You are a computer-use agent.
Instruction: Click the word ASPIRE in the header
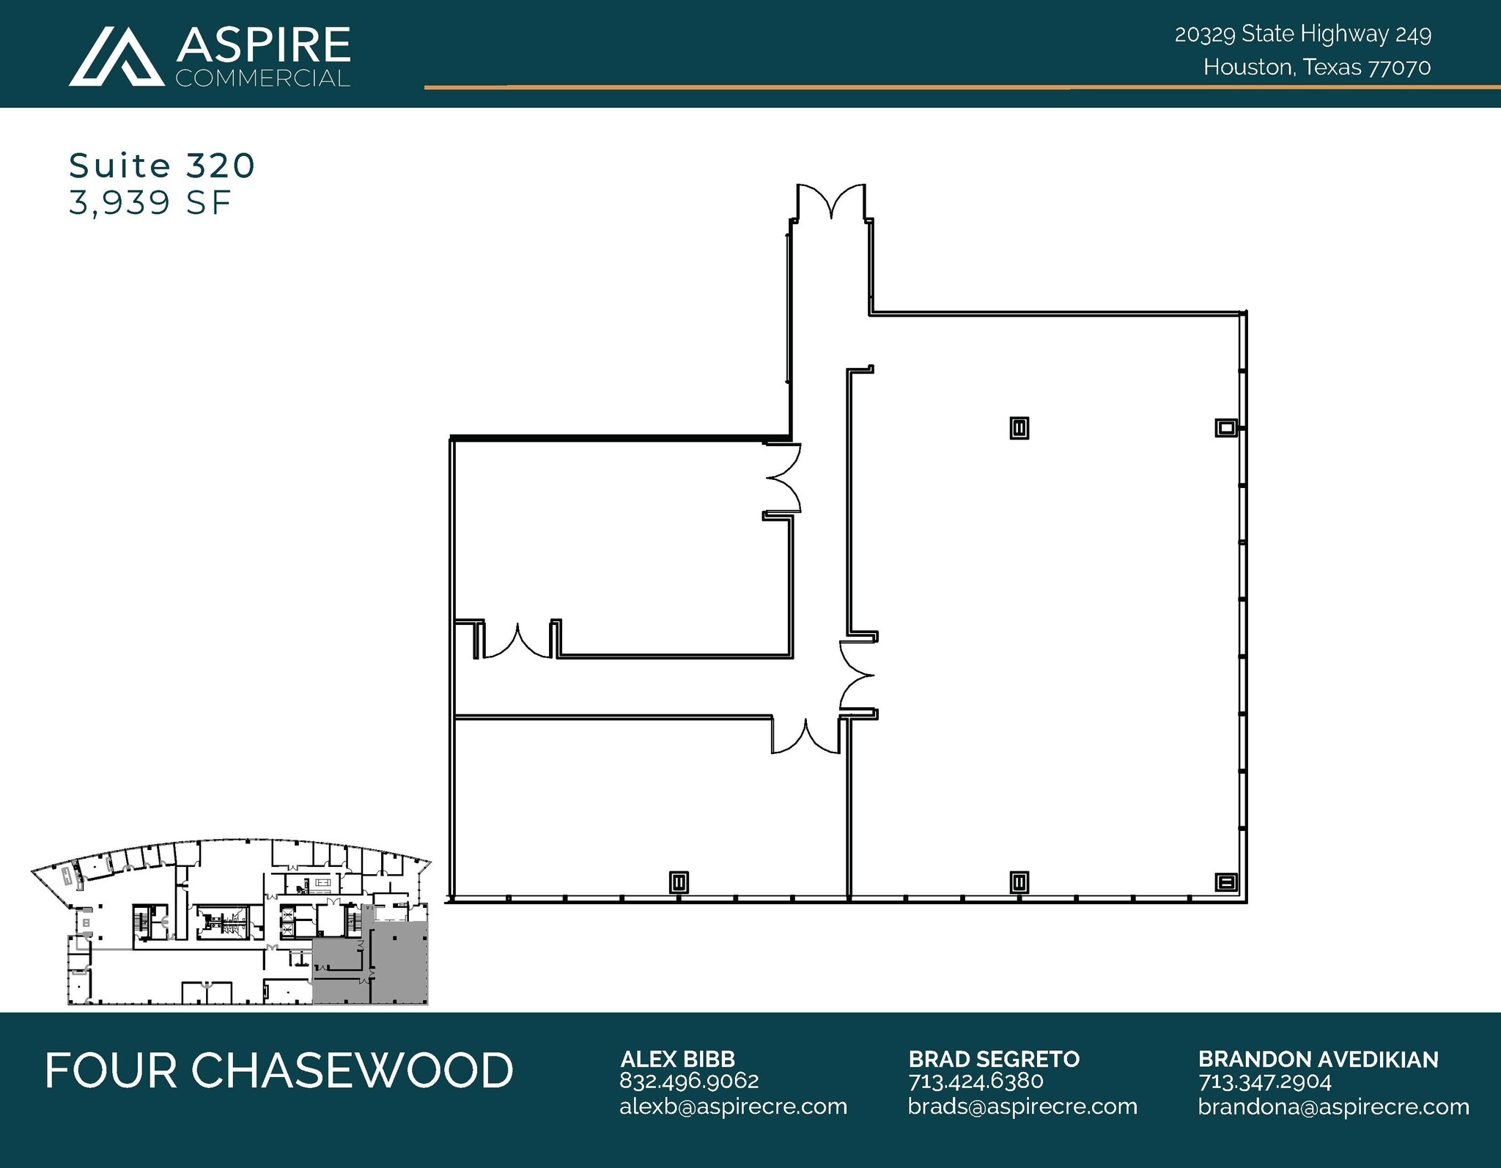coord(263,45)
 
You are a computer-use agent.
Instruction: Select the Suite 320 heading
coord(162,166)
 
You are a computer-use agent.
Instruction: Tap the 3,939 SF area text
coord(150,202)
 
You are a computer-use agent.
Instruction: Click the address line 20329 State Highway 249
coord(1302,34)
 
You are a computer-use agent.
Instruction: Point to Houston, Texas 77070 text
coord(1316,67)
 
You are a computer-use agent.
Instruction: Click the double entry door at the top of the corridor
coord(831,201)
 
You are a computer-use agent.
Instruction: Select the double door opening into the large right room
coord(856,675)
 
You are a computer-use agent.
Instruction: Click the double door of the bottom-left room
coord(805,736)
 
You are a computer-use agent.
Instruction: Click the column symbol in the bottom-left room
coord(679,881)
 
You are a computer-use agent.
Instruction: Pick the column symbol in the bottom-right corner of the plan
coord(1227,881)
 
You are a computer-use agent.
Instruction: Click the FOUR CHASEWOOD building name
coord(279,1071)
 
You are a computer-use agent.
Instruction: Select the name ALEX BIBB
coord(677,1059)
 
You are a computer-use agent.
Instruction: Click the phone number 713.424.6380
coord(976,1081)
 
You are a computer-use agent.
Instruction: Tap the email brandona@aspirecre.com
coord(1333,1106)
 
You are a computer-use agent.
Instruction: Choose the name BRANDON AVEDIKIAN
coord(1318,1059)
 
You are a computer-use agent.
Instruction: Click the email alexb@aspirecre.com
coord(733,1106)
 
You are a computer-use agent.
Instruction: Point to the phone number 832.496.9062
coord(689,1081)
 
